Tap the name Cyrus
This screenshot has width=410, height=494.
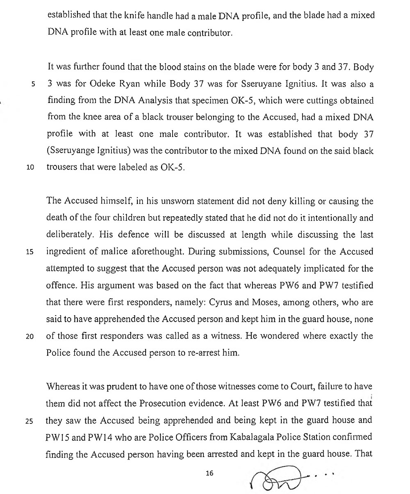click(x=221, y=302)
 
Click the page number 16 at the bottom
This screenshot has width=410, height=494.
click(x=210, y=473)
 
